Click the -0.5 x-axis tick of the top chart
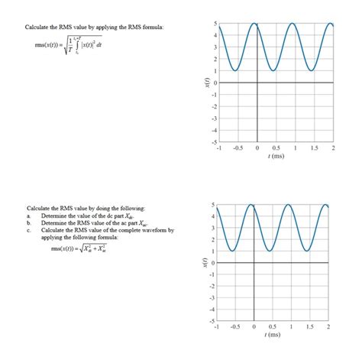pos(237,149)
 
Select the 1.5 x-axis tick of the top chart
pos(315,149)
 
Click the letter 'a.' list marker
pos(28,216)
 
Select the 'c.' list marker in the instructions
pos(28,230)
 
